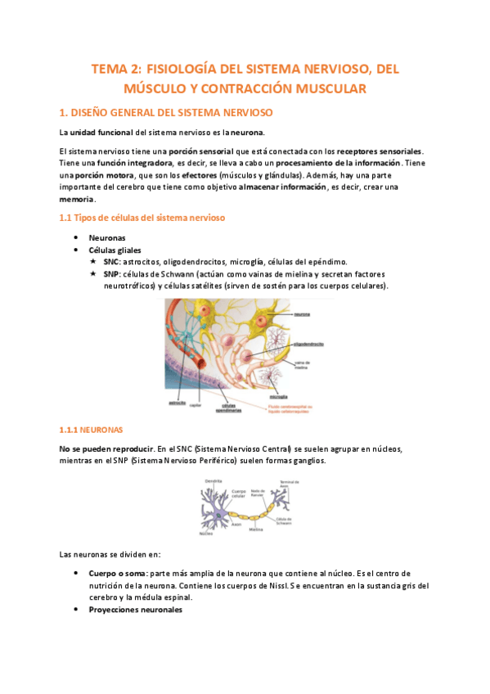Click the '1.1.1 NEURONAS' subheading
(x=92, y=429)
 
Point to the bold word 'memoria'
(x=77, y=199)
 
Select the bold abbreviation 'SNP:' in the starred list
(x=112, y=273)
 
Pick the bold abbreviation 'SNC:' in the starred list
(x=112, y=261)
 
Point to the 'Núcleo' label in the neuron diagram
(x=206, y=533)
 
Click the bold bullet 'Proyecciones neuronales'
(x=136, y=610)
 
